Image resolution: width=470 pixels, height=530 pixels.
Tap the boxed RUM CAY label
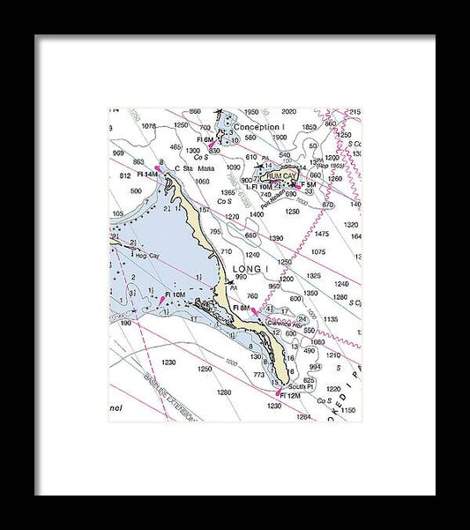(x=282, y=176)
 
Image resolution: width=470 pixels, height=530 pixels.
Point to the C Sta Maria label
(x=194, y=168)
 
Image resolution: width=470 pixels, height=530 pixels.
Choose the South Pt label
(x=301, y=387)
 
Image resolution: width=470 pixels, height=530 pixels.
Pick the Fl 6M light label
(x=205, y=139)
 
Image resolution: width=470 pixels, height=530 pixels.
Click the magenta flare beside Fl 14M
(x=159, y=167)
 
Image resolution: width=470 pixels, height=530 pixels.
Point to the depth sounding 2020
(x=289, y=112)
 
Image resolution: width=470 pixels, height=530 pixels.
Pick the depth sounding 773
(x=259, y=375)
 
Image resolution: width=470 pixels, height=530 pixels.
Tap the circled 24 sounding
(x=302, y=318)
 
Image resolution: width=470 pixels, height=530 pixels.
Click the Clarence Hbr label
(x=284, y=324)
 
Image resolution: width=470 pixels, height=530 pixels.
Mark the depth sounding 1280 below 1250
(x=224, y=392)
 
